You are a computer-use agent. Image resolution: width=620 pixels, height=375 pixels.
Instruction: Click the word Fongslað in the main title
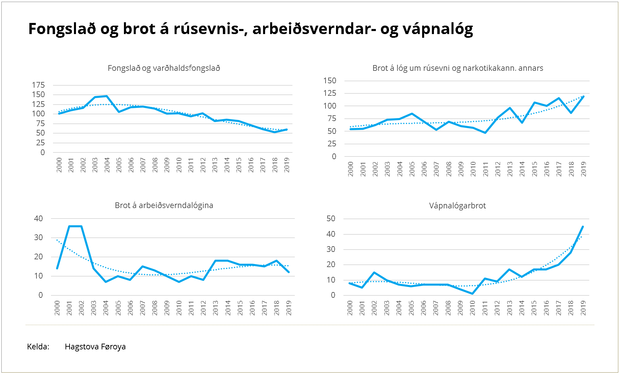(x=62, y=29)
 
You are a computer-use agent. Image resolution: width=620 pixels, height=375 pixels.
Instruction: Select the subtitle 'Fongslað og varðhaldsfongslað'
(x=164, y=68)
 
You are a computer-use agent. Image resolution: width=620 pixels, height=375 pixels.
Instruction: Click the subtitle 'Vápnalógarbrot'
(x=457, y=206)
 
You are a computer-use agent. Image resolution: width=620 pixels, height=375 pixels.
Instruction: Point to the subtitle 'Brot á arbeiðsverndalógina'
(x=164, y=205)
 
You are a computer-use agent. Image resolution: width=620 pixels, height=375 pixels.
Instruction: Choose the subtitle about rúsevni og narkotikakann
(x=458, y=68)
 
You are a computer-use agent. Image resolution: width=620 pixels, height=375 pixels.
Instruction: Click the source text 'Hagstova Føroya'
(x=95, y=347)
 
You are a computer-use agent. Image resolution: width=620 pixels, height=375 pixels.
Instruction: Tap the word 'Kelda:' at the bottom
(x=38, y=347)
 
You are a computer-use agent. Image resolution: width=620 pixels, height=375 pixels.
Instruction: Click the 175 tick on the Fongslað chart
(x=38, y=85)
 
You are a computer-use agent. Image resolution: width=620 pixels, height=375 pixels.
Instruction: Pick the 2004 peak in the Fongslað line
(x=107, y=96)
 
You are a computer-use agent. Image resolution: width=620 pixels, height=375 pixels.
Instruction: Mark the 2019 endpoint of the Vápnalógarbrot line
(x=583, y=227)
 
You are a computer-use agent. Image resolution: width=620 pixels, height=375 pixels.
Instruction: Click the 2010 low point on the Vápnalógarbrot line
(x=472, y=293)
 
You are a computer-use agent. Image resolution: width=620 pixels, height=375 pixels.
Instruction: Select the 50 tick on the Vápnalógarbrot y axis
(x=331, y=219)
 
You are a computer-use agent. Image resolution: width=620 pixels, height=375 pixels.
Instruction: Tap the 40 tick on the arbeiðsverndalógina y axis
(x=38, y=219)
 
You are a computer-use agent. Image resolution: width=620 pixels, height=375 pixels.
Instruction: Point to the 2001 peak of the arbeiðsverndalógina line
(x=69, y=226)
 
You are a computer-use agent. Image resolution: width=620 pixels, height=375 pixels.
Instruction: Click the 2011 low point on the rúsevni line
(x=485, y=133)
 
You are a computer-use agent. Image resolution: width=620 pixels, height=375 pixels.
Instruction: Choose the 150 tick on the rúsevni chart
(x=330, y=81)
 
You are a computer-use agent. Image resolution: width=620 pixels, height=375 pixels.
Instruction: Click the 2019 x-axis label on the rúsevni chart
(x=584, y=169)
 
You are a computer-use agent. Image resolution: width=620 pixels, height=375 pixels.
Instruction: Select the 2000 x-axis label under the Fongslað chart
(x=59, y=165)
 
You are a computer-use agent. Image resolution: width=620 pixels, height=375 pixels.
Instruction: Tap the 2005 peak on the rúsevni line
(x=412, y=114)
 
